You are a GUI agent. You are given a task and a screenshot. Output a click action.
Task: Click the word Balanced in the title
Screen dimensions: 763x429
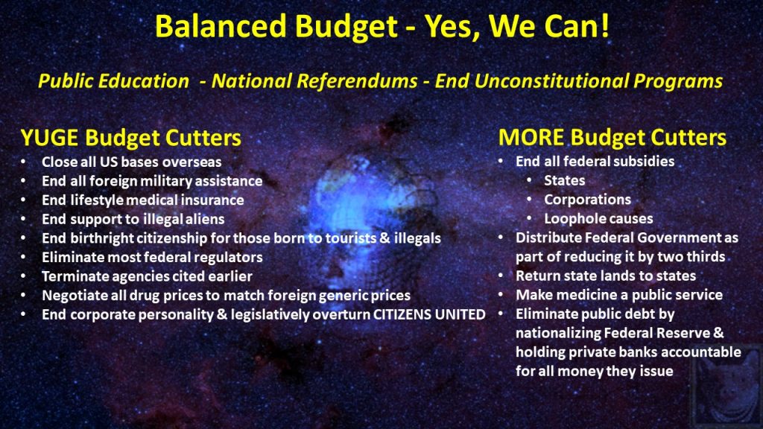[221, 26]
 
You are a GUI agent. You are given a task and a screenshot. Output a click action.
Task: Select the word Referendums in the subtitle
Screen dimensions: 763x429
[357, 80]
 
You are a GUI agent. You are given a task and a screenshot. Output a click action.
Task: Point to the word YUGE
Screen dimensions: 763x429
[49, 138]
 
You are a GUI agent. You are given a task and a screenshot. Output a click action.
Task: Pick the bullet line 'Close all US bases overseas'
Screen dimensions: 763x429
[131, 162]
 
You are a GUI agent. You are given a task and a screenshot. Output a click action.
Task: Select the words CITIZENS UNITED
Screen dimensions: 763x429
[429, 314]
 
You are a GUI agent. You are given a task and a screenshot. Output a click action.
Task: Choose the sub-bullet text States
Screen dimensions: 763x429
[565, 180]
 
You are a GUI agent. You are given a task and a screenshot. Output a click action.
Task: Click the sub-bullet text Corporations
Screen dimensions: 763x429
[587, 200]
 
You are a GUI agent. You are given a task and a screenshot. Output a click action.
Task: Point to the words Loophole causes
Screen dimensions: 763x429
[598, 218]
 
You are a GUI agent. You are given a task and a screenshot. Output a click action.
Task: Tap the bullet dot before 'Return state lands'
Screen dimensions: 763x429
[501, 276]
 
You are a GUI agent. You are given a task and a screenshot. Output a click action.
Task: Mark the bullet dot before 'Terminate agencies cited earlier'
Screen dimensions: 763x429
[23, 276]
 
